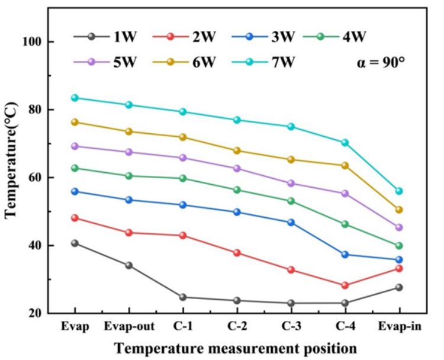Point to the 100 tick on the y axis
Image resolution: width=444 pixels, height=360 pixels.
[x=38, y=42]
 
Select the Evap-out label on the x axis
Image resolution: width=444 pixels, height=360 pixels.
[x=128, y=327]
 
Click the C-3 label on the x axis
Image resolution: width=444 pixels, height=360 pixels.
[x=291, y=327]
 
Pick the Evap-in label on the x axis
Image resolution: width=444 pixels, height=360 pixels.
[x=400, y=327]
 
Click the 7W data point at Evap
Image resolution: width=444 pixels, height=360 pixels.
[x=75, y=98]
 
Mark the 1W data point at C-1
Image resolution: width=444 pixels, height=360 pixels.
[x=183, y=297]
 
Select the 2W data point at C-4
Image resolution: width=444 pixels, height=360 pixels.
[x=345, y=285]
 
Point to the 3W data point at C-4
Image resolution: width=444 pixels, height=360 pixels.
[x=345, y=255]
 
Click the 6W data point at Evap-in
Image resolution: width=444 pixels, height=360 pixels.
[x=399, y=210]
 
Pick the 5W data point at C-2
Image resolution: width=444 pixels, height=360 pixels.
[x=237, y=168]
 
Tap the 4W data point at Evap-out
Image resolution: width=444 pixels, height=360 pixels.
[x=128, y=176]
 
